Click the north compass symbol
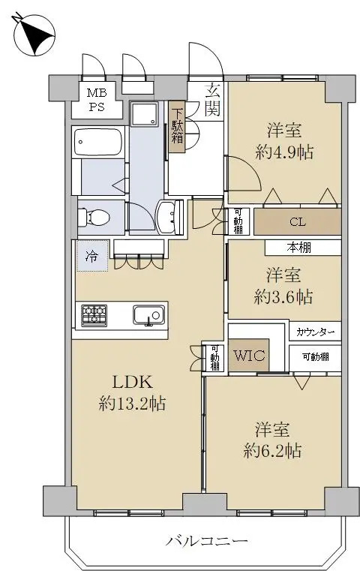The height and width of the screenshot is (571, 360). click(x=34, y=35)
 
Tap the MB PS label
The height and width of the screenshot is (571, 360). click(x=97, y=100)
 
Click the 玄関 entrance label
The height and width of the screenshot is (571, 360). click(x=212, y=99)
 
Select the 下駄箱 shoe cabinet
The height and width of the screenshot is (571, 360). click(x=177, y=126)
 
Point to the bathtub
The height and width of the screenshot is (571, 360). click(x=98, y=142)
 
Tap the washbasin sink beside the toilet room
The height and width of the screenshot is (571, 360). click(x=169, y=217)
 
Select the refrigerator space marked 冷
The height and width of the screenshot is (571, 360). click(x=91, y=255)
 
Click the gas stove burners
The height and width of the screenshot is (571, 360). click(x=94, y=315)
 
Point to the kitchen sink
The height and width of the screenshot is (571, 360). click(x=148, y=315)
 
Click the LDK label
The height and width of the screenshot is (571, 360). click(x=132, y=383)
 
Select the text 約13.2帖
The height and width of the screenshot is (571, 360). click(x=132, y=404)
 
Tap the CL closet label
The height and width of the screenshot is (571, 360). click(x=298, y=222)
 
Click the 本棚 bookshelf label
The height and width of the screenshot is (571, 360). click(x=298, y=248)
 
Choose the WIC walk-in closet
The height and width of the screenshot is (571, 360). click(x=249, y=356)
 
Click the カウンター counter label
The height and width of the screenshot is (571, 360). click(x=315, y=332)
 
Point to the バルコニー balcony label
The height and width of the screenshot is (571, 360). click(x=206, y=540)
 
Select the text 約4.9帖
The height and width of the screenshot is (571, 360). click(x=284, y=152)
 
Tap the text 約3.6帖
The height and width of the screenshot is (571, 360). click(x=283, y=298)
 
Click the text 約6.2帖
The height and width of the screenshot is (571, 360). click(x=272, y=451)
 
